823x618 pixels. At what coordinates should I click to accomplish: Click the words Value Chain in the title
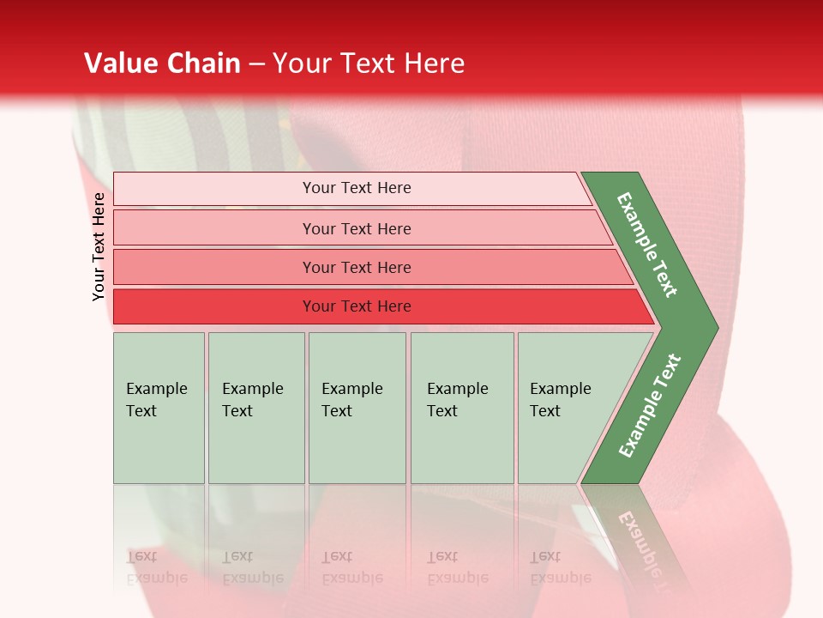coord(162,64)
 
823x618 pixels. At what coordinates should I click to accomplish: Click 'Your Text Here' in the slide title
coord(369,64)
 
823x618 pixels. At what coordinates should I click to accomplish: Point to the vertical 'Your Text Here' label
coord(99,246)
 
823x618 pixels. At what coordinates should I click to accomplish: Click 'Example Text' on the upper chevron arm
coord(647,245)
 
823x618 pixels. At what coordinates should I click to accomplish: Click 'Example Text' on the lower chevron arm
coord(649,406)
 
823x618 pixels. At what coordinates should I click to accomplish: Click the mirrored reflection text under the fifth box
coord(560,567)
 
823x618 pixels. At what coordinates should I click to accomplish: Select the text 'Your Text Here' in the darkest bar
coord(357,306)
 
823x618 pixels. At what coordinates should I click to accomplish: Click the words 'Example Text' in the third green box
coord(351,400)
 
